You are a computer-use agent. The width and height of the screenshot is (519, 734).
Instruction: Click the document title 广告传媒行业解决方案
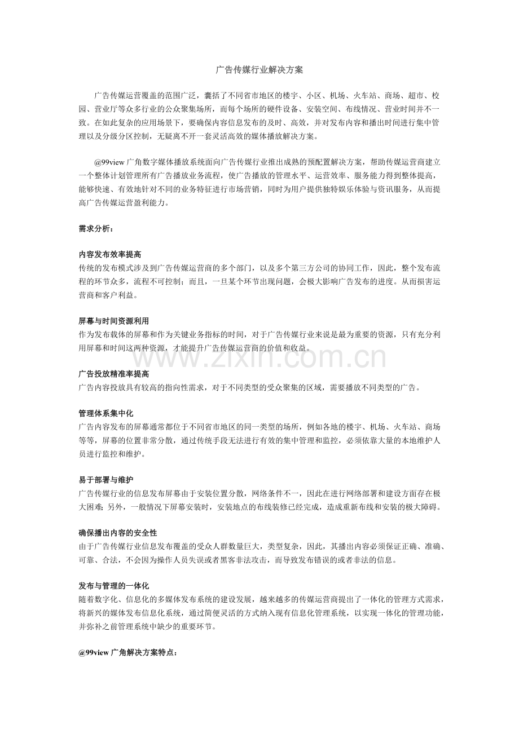pos(259,70)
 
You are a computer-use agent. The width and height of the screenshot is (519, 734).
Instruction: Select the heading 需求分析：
pos(96,229)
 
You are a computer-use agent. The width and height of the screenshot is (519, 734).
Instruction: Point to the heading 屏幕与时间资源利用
pos(113,321)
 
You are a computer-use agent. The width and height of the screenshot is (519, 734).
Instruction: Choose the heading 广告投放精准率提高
pos(113,374)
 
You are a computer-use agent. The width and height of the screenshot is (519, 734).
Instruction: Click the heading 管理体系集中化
pos(105,414)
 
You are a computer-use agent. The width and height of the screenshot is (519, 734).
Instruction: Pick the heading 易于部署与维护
pos(105,480)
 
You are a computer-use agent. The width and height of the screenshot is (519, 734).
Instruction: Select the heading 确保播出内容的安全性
pos(117,533)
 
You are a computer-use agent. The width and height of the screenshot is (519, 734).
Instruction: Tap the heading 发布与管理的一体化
pos(113,586)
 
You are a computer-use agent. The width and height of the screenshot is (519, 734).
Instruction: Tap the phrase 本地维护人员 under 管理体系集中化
pos(423,440)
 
